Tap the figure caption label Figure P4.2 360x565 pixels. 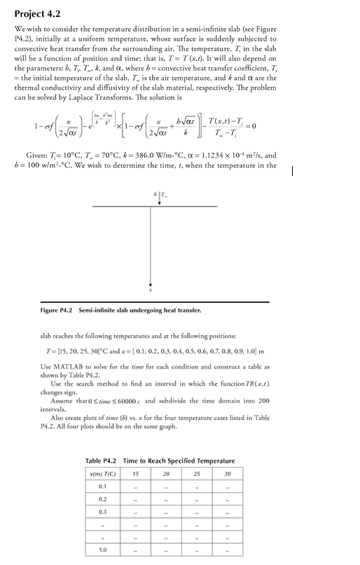[57, 309]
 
